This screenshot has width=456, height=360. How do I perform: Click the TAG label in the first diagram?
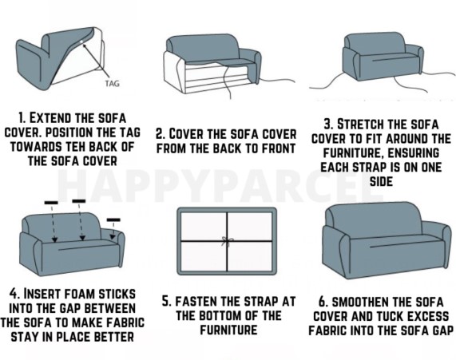(113, 81)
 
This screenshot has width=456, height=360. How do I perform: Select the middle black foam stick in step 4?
(78, 200)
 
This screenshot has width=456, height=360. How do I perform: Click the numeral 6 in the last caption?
(326, 301)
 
